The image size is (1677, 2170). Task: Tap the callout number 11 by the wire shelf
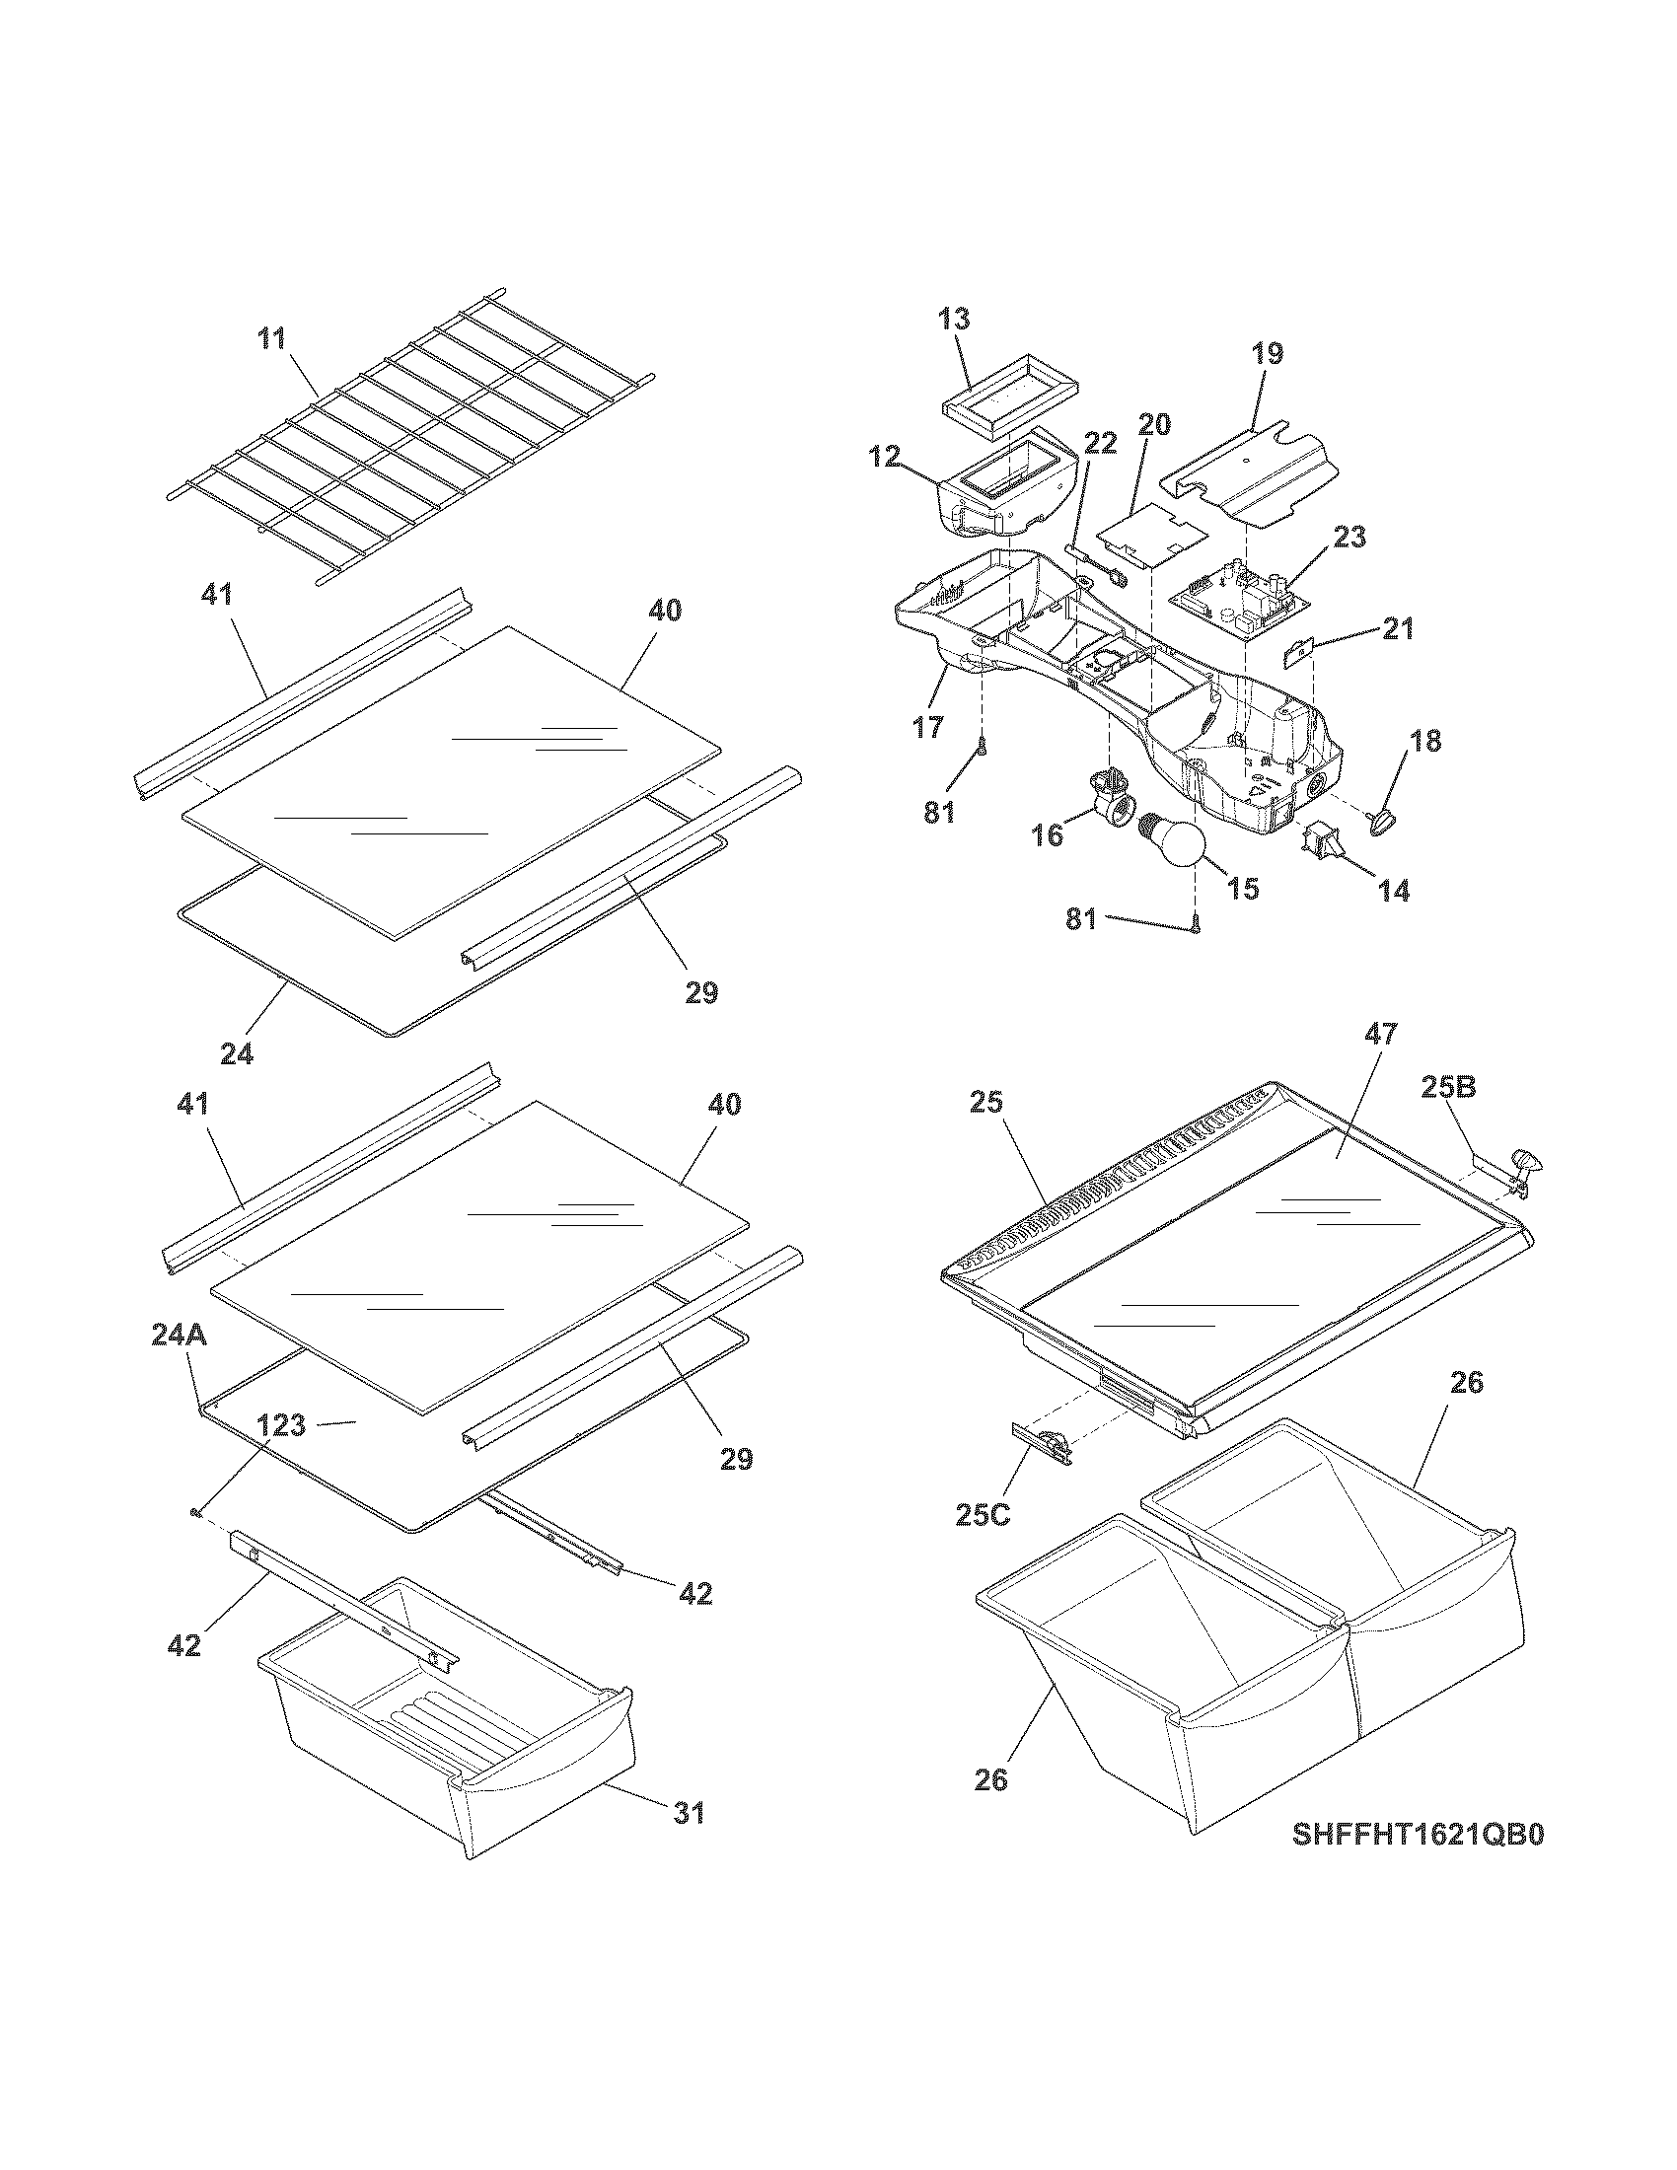point(271,338)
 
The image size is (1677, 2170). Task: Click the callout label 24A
point(179,1335)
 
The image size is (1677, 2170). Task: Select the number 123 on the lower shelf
point(282,1426)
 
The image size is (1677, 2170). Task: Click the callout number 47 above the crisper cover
point(1380,1034)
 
